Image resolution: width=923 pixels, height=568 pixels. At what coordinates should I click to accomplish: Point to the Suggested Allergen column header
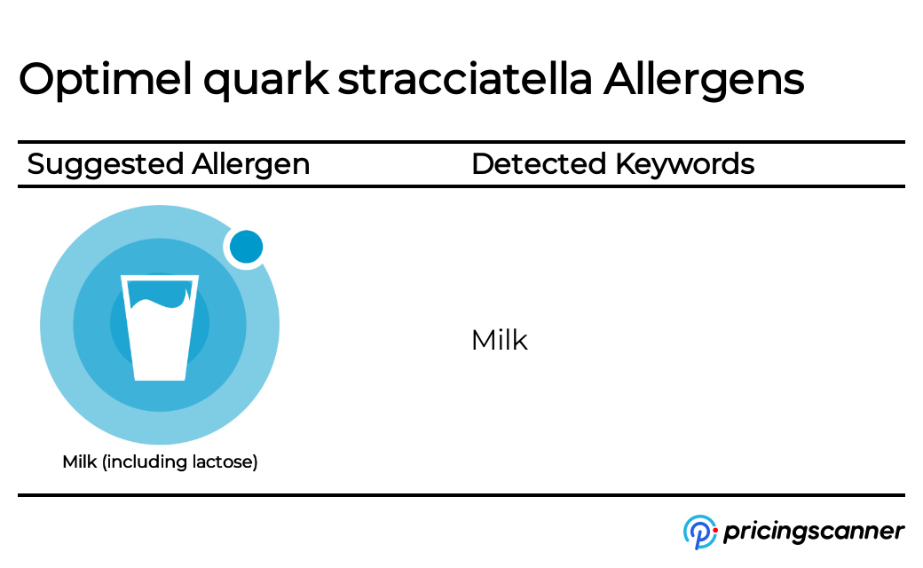click(169, 165)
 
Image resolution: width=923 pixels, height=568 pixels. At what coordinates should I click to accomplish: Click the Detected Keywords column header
click(612, 165)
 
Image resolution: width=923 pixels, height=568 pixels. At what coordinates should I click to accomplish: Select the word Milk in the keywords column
click(499, 340)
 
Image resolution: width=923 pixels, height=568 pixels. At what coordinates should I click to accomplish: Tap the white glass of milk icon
click(160, 337)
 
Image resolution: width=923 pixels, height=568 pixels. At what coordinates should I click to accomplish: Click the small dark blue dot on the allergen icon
click(246, 247)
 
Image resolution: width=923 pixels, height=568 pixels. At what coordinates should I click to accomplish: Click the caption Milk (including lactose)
click(160, 462)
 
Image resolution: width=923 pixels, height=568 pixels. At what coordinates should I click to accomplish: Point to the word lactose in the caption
click(225, 462)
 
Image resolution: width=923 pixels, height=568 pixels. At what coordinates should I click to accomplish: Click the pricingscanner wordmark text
click(813, 532)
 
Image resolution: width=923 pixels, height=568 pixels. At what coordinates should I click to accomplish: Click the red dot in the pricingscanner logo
click(714, 530)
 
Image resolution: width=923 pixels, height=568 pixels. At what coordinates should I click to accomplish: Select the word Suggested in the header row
click(106, 165)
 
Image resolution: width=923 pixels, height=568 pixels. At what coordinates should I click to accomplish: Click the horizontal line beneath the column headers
click(461, 186)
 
